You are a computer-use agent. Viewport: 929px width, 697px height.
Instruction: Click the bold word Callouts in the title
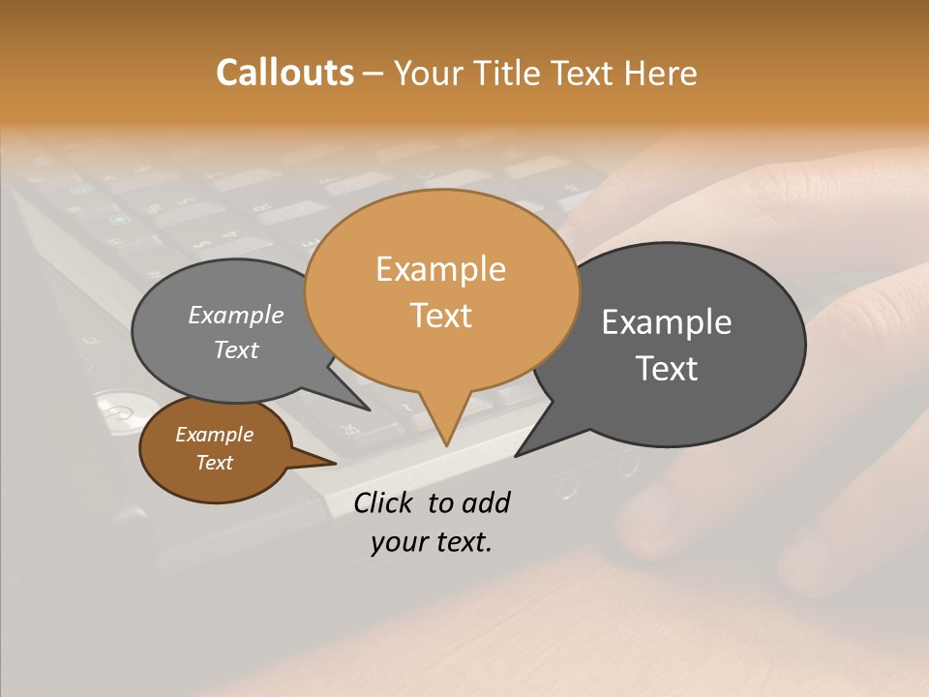285,73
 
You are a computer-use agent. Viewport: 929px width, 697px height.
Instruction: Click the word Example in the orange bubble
440,269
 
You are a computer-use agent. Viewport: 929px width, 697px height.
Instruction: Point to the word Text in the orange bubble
440,316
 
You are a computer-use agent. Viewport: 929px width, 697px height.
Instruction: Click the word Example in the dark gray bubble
666,322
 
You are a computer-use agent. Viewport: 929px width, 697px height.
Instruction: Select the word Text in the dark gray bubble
666,369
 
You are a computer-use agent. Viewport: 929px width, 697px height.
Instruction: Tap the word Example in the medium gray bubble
235,315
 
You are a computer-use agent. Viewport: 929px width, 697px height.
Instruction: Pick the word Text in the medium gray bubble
235,349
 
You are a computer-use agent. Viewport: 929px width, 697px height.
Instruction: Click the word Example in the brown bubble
214,435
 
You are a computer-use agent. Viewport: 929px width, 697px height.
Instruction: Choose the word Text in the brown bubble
214,463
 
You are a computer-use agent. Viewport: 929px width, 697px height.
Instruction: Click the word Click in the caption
384,502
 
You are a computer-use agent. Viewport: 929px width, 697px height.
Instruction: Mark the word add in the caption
486,502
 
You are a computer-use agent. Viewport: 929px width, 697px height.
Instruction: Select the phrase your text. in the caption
431,542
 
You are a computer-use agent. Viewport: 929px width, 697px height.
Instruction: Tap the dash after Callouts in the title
374,74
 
